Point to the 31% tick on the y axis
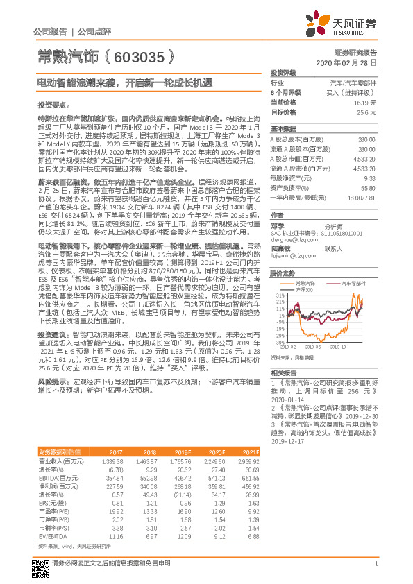278,295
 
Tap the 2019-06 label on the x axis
313,347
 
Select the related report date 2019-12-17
287,440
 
